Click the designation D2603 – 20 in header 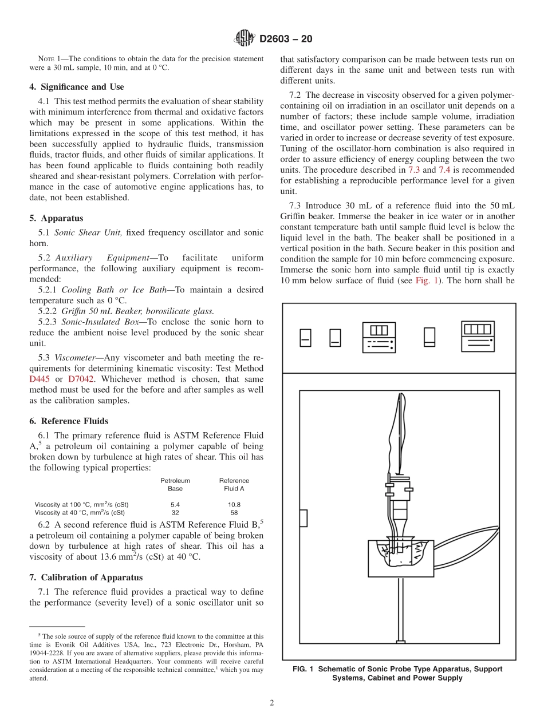click(x=286, y=39)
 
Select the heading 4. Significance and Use click(x=76, y=87)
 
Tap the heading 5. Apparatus click(x=56, y=218)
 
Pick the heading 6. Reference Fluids click(x=69, y=421)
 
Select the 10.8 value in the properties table click(x=234, y=505)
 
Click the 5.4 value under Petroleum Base click(x=175, y=505)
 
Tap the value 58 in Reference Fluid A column click(x=234, y=513)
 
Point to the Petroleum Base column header click(x=175, y=485)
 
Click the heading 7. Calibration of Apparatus click(x=86, y=577)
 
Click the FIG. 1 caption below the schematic click(x=397, y=673)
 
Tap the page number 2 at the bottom click(x=272, y=703)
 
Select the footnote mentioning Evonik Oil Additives click(x=147, y=656)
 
